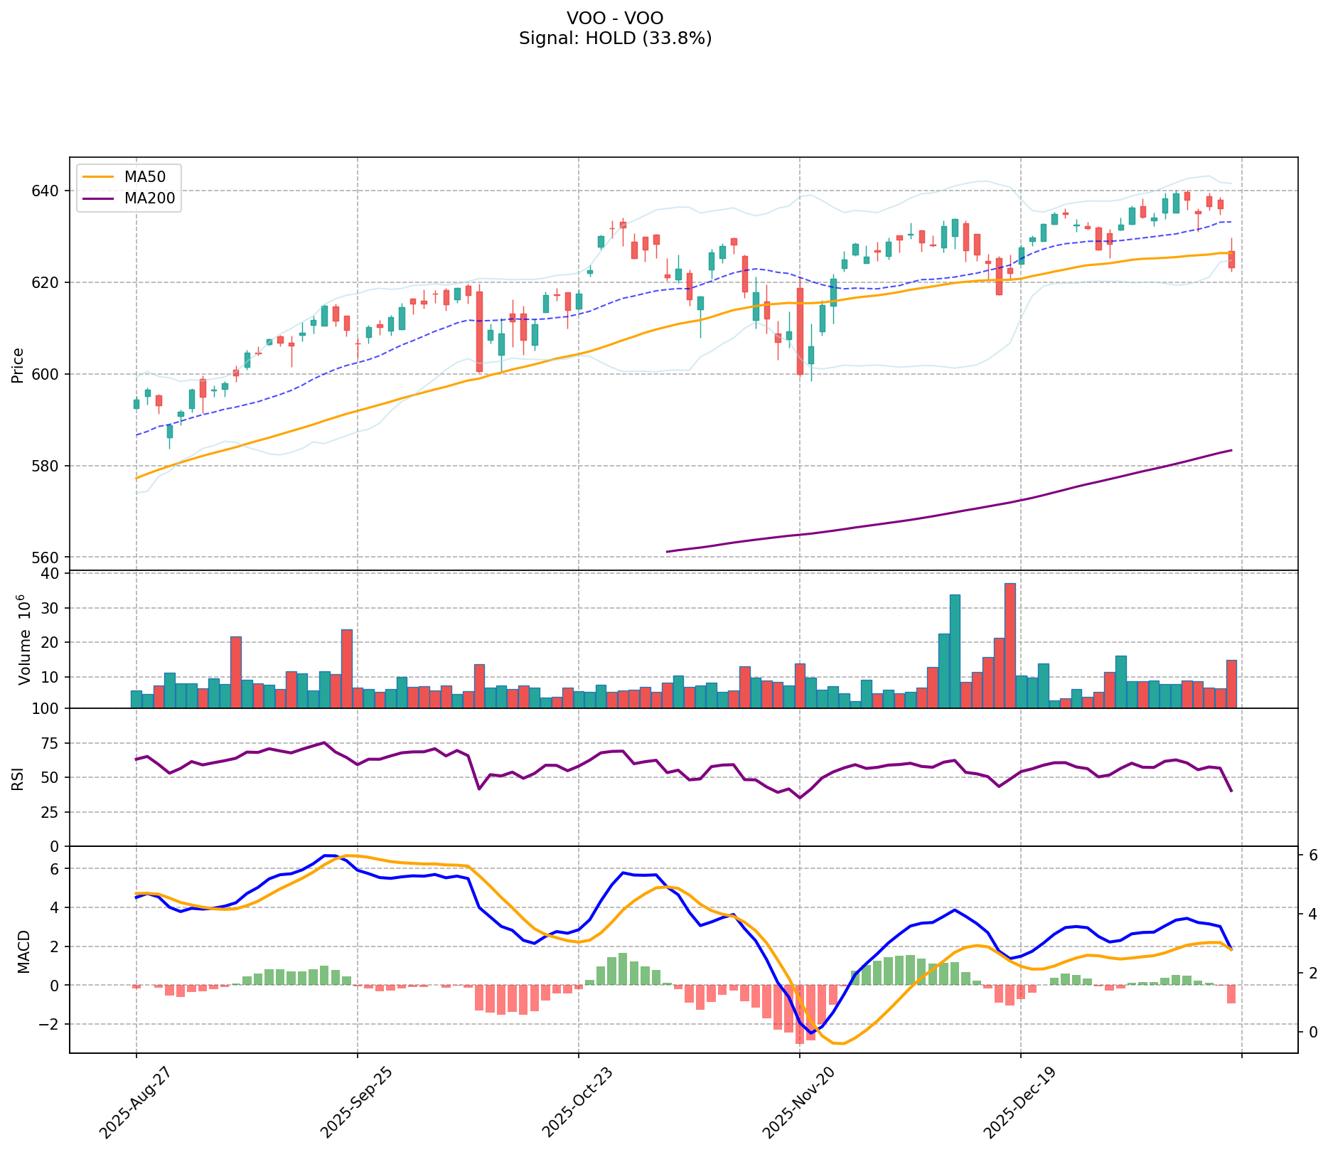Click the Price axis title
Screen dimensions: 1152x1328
[x=18, y=365]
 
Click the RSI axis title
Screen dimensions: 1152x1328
[x=18, y=778]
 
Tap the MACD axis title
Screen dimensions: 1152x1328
[x=23, y=951]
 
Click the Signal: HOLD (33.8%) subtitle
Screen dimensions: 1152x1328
[x=615, y=38]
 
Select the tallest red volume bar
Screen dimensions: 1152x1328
[x=1010, y=645]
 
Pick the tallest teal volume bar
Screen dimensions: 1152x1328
[x=955, y=651]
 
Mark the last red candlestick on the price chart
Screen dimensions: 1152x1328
[x=1231, y=260]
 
